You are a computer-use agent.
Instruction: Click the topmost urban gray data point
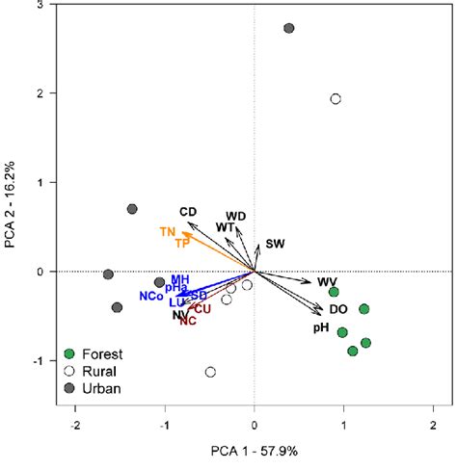point(289,29)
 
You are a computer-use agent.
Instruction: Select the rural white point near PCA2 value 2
point(336,99)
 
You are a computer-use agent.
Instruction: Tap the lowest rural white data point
point(210,372)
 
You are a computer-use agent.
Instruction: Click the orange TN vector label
point(168,231)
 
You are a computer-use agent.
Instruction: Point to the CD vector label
point(188,211)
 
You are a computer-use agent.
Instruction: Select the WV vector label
point(326,281)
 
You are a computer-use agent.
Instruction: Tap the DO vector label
point(338,309)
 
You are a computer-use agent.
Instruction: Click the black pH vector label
point(321,327)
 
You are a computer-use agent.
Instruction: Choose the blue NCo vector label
point(150,295)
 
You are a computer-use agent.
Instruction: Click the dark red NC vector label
point(188,320)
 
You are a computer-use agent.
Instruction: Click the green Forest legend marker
point(68,353)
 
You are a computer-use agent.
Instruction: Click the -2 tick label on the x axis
point(74,426)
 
